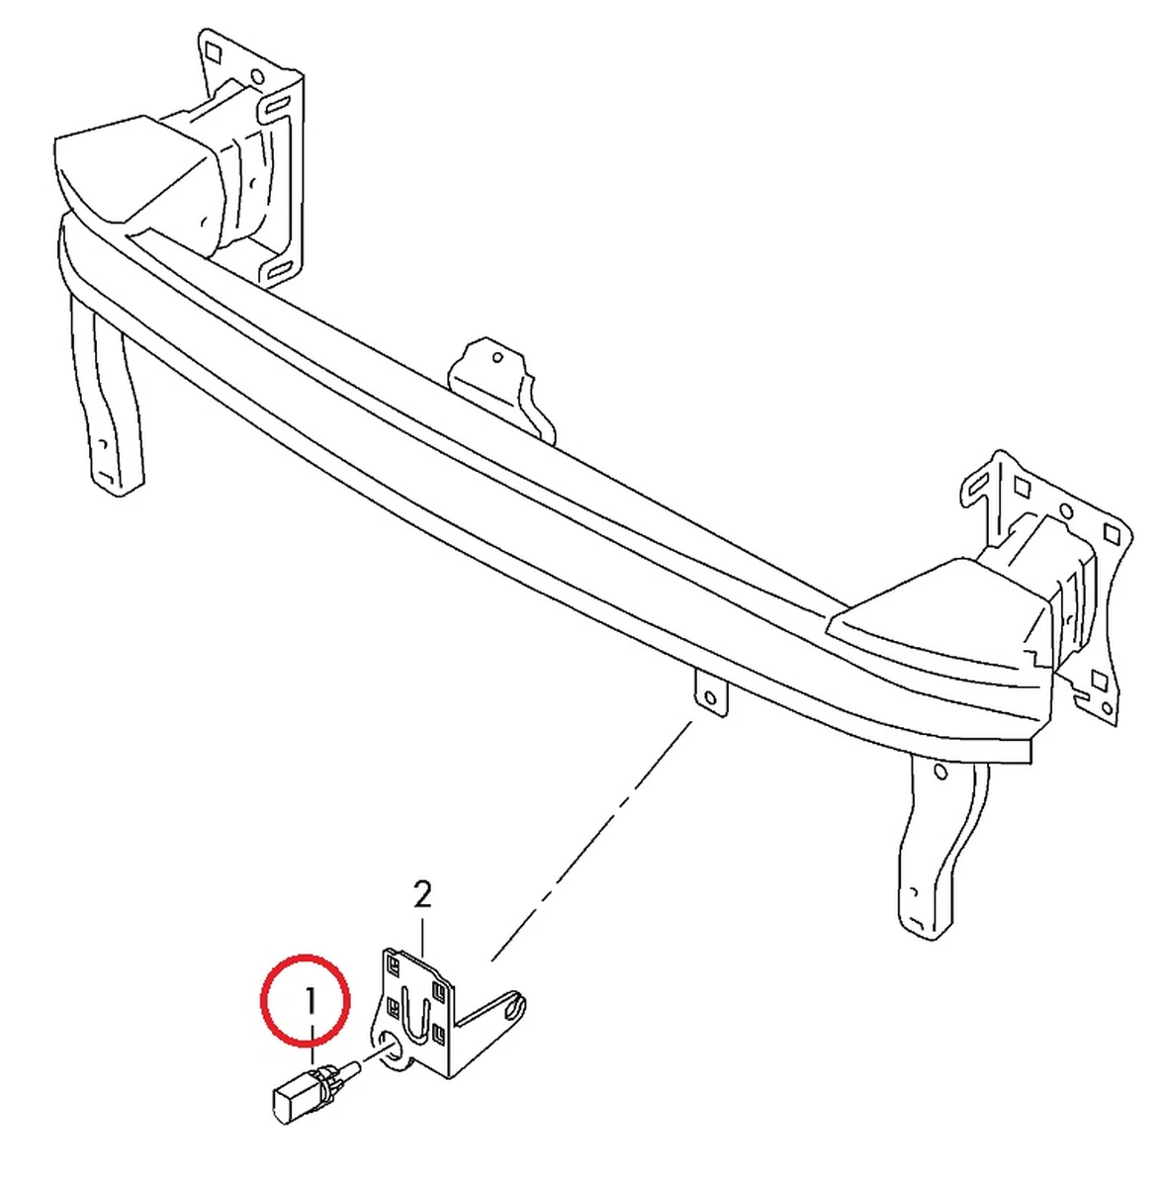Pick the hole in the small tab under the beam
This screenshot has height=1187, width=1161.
point(709,699)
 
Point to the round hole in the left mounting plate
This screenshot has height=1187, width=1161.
point(257,76)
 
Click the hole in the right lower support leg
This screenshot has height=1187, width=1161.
point(940,773)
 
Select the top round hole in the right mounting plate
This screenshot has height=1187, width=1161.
point(1066,510)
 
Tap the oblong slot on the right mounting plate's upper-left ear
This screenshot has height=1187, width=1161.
point(977,485)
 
